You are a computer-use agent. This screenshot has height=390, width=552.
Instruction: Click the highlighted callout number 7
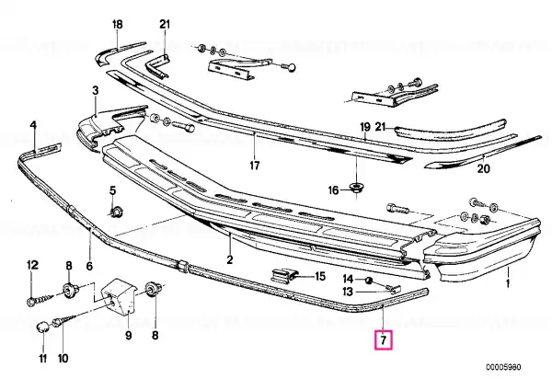coord(384,340)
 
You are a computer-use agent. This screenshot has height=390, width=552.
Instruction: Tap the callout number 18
coord(117,24)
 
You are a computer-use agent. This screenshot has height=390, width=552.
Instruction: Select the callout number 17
coord(255,165)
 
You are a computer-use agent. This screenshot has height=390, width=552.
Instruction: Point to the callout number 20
coord(483,169)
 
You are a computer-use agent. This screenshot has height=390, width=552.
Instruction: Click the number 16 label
coord(333,190)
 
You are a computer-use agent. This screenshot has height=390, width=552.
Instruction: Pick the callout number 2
coord(229,259)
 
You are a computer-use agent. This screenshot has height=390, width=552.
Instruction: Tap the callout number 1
coord(508,283)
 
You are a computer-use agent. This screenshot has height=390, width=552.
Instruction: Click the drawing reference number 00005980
coord(504,367)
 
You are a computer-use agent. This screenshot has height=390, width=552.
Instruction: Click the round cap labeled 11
coord(42,327)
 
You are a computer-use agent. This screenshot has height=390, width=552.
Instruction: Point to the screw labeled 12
coord(40,300)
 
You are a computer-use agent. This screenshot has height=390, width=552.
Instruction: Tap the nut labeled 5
coord(115,212)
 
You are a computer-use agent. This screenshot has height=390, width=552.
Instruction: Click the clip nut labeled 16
coord(357,188)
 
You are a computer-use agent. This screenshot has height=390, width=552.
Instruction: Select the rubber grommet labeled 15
coord(285,275)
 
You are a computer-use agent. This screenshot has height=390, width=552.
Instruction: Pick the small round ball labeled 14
coord(368,281)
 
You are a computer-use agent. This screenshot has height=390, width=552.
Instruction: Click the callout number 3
coord(96,91)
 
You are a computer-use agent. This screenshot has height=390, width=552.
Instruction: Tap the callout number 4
coord(33,125)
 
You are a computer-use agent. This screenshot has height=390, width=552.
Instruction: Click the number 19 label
coord(365,126)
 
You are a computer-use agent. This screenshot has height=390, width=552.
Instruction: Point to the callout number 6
coord(89,266)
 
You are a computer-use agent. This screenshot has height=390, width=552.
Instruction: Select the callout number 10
coord(63,359)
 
